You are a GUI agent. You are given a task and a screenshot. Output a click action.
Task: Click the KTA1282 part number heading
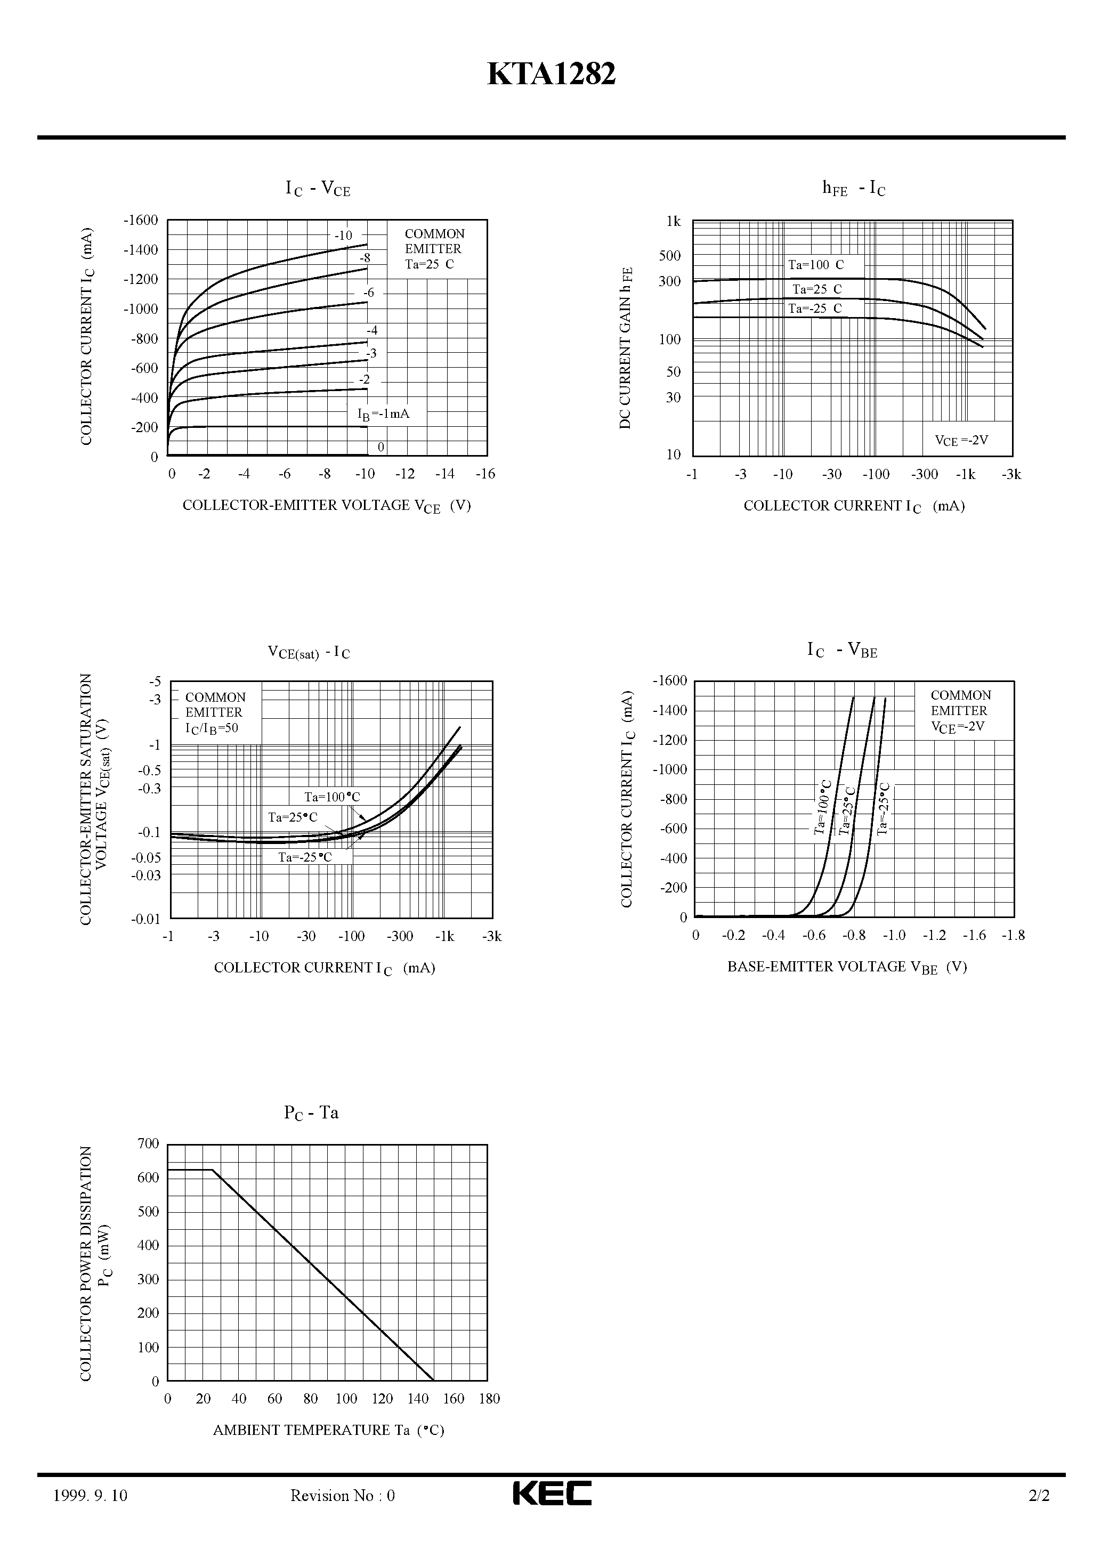coord(551,74)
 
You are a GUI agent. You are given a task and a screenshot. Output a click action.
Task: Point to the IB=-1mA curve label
coord(384,414)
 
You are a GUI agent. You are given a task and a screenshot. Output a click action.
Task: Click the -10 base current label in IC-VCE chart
coord(344,236)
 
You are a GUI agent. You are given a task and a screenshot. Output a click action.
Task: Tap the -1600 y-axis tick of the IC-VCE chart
coord(141,220)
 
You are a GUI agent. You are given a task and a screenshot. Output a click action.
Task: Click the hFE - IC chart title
coord(853,189)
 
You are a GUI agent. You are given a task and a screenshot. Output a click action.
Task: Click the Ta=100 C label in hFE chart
coord(816,265)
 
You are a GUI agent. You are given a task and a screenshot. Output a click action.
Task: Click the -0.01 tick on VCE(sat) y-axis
coord(146,920)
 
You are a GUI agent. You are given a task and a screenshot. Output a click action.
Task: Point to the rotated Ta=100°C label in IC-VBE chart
coord(823,807)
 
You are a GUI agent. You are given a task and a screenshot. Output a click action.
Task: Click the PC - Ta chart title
coord(311,1113)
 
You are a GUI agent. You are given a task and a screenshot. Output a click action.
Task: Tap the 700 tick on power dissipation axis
coord(148,1144)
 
